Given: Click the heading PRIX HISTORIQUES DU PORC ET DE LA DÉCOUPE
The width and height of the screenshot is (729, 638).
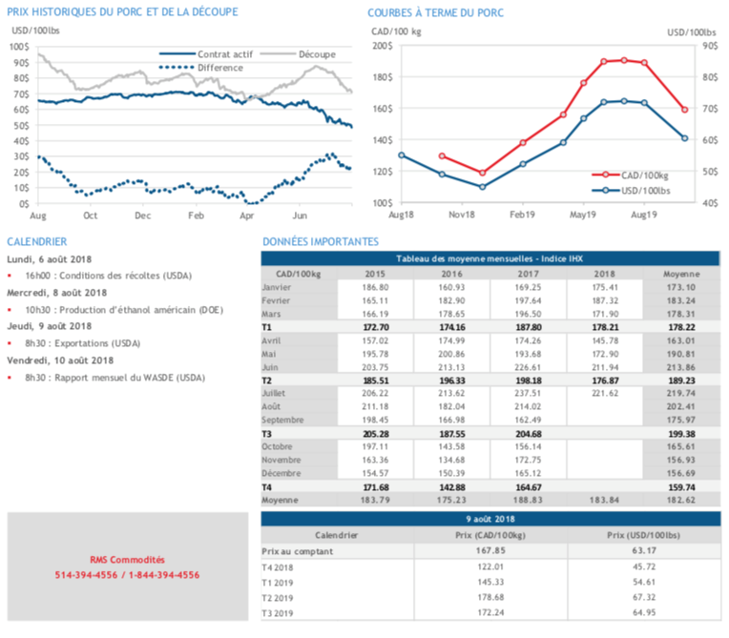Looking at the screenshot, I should tap(122, 12).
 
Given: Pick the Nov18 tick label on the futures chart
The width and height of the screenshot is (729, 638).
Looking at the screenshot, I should tap(462, 216).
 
